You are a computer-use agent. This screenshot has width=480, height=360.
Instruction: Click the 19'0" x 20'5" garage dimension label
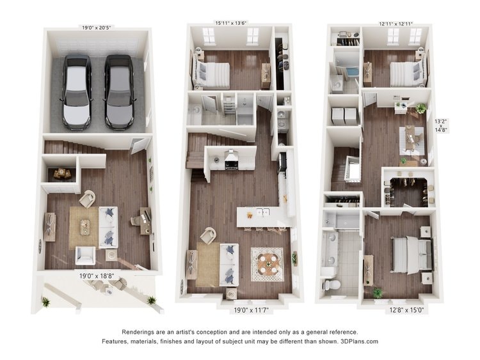click(96, 27)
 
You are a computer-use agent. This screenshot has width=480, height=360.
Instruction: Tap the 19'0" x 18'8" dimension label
click(97, 276)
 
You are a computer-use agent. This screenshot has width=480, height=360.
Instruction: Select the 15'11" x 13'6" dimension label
click(231, 23)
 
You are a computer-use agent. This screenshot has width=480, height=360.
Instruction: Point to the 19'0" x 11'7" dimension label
click(252, 311)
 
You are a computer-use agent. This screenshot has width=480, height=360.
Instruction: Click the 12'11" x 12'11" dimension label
click(396, 24)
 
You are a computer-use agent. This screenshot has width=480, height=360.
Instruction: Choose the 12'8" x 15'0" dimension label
click(406, 311)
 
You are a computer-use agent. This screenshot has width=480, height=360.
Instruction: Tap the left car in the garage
click(77, 92)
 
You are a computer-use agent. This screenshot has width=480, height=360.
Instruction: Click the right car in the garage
click(120, 92)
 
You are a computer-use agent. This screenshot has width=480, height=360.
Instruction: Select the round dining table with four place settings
click(268, 264)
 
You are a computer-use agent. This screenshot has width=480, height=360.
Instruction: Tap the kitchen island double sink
click(262, 212)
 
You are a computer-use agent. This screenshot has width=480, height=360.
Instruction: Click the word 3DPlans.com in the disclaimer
click(360, 341)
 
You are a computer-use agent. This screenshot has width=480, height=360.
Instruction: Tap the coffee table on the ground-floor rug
click(85, 227)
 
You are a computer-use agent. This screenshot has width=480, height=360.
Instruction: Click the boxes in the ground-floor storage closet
click(62, 174)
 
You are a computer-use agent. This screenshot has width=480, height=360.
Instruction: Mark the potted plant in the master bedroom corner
click(378, 293)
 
